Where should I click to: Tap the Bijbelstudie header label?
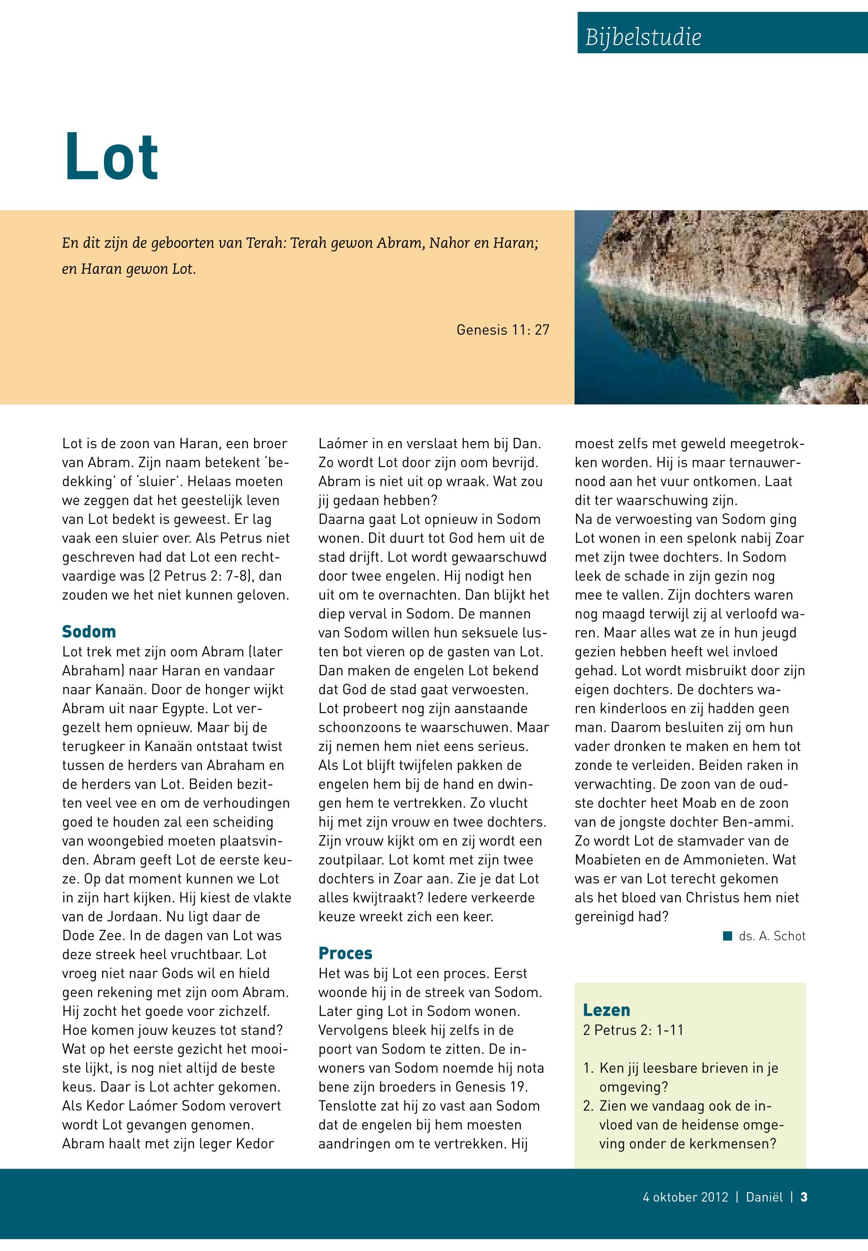[x=643, y=37]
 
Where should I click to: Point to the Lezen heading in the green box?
[x=606, y=1010]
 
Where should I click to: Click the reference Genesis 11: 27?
[x=502, y=330]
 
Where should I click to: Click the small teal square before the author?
[x=727, y=936]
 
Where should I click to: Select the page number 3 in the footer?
[x=804, y=1196]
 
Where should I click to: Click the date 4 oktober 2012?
[x=685, y=1196]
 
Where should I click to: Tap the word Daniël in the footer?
[x=764, y=1196]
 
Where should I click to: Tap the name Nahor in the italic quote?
[x=449, y=243]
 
